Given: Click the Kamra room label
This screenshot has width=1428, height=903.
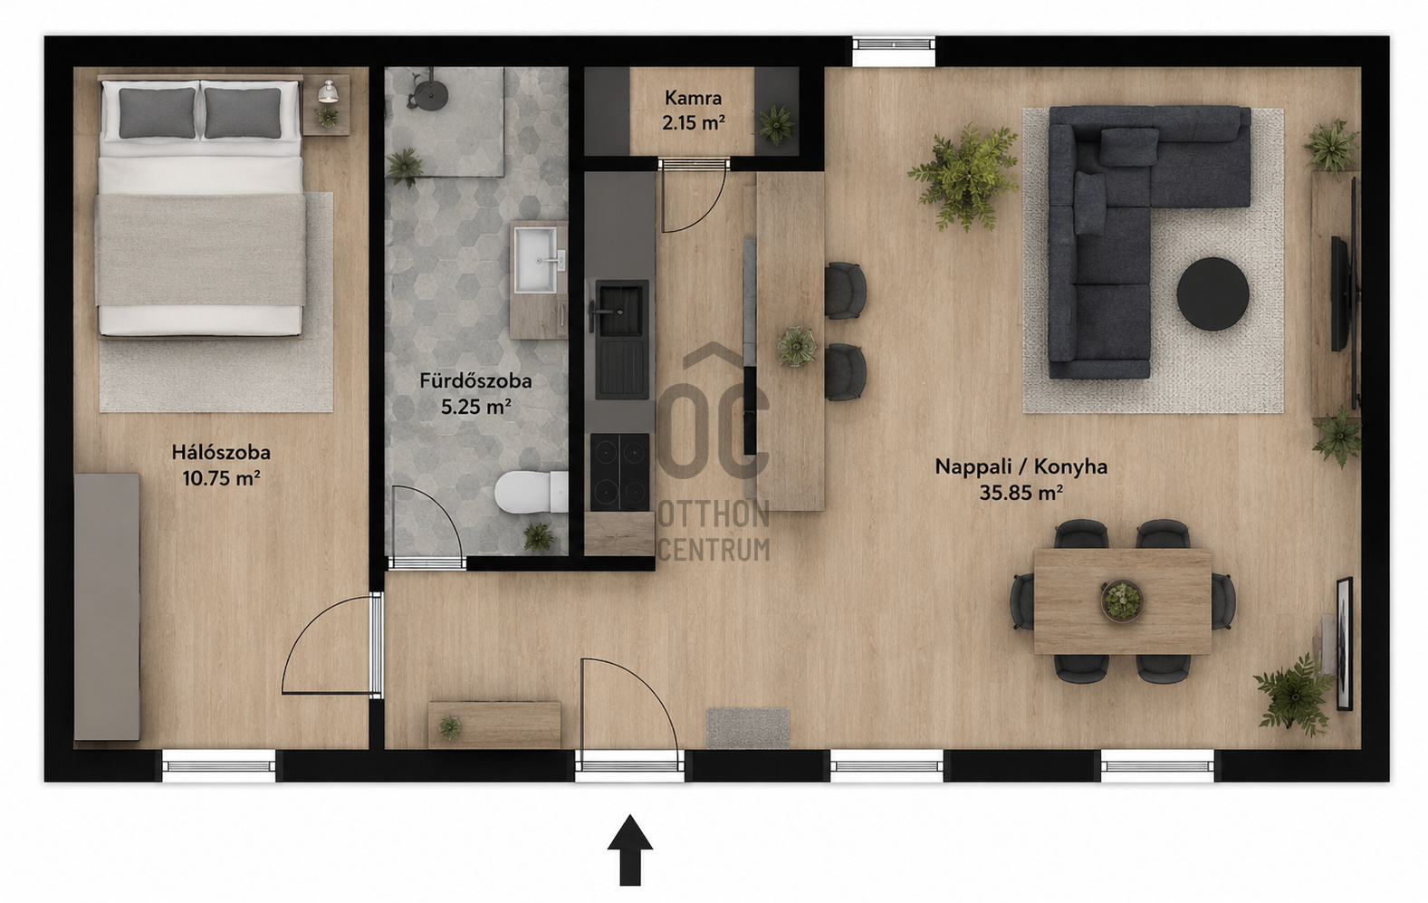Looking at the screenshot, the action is click(x=693, y=98).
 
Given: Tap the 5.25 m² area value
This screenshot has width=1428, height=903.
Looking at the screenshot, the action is click(x=476, y=407).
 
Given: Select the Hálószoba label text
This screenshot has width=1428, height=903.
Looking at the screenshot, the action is click(x=221, y=452).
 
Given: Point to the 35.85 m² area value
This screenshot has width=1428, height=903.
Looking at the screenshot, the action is click(x=1021, y=493).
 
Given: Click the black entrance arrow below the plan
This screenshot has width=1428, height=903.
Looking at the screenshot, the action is click(x=630, y=850).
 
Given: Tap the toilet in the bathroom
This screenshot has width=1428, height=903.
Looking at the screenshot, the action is click(x=532, y=493).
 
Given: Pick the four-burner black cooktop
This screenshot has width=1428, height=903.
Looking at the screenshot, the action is click(x=619, y=473).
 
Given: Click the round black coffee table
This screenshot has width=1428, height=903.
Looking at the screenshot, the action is click(x=1212, y=294).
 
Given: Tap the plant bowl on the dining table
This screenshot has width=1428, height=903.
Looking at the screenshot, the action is click(x=1122, y=600).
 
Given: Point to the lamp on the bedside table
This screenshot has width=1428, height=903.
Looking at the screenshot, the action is click(x=328, y=91).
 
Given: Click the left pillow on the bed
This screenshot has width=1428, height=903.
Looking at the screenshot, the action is click(x=157, y=113).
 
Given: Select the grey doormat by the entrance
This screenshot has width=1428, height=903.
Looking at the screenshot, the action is click(x=749, y=727).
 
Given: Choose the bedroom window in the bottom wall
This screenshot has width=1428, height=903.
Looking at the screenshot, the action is click(x=218, y=766).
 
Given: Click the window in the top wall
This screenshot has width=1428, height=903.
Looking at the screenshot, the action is click(x=895, y=51).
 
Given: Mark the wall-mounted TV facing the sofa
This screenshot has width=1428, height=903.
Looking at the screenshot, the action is click(x=1338, y=293).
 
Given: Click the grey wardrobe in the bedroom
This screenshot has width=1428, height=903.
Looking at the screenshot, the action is click(x=107, y=607).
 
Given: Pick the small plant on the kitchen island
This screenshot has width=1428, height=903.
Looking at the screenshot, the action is click(x=796, y=346).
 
